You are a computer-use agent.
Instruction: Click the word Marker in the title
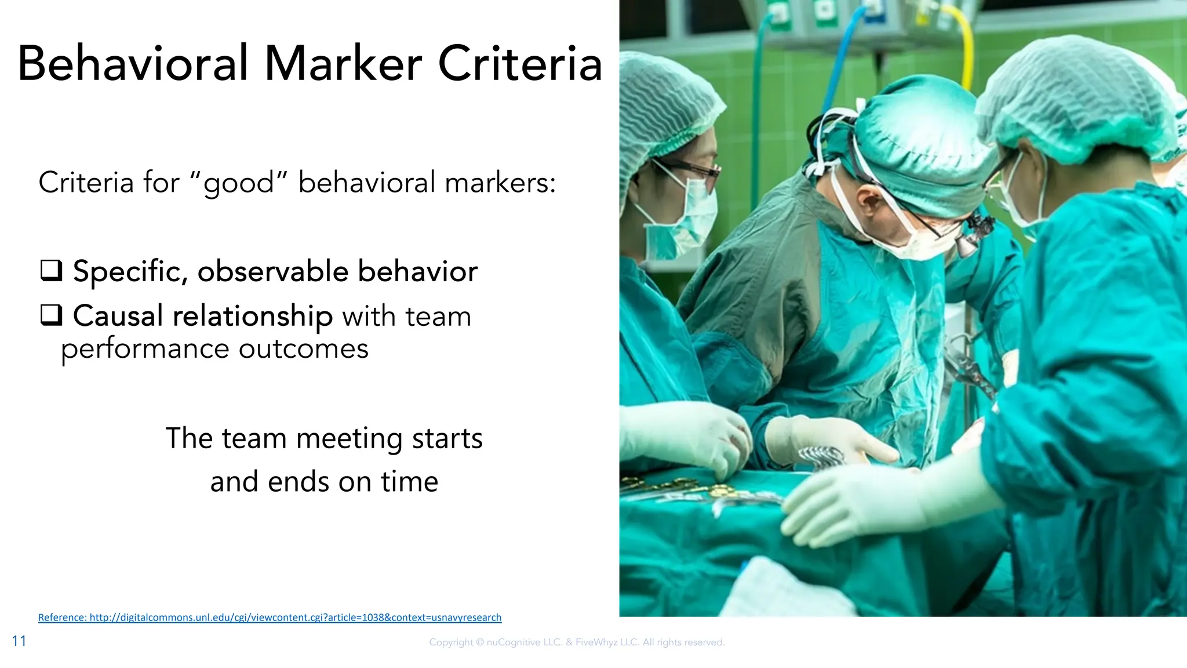(x=343, y=64)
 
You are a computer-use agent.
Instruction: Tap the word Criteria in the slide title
(x=520, y=64)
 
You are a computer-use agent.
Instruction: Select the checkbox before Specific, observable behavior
(x=51, y=271)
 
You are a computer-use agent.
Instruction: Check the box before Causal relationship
(x=51, y=315)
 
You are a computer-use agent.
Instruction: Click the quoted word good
(x=239, y=183)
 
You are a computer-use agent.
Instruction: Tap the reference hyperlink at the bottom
(x=270, y=618)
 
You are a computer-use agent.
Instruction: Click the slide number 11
(x=19, y=641)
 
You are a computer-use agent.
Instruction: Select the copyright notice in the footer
(x=577, y=642)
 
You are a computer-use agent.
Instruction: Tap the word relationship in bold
(x=252, y=316)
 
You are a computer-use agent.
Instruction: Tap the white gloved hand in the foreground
(x=852, y=504)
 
